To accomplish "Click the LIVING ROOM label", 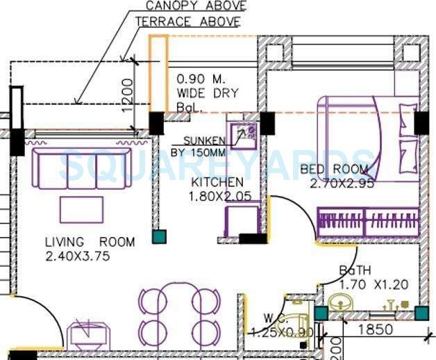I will pos(90,243).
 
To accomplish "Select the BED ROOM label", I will pos(334,170).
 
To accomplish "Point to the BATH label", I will pos(355,270).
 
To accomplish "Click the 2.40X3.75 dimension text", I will pos(78,256).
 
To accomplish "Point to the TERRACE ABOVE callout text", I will pos(187,22).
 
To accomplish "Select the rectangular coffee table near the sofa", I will pos(81,209).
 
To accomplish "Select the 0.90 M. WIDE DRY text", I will pos(207,85).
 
